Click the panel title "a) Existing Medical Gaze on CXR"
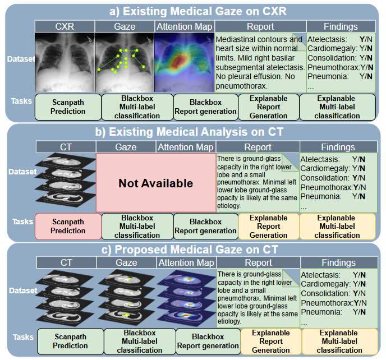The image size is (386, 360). point(192,11)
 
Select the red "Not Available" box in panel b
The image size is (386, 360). point(155,183)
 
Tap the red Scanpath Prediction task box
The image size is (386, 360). point(68,226)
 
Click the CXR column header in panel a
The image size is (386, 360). point(64,26)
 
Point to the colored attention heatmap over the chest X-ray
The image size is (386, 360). point(184,62)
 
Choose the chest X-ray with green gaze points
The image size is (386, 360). point(124,62)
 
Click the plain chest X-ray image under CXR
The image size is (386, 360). point(64,62)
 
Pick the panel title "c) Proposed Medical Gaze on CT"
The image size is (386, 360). point(192,250)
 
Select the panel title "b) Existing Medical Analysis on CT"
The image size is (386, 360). point(192,132)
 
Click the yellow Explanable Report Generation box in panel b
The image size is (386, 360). point(268,226)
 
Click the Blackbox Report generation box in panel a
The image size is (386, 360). point(205,107)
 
